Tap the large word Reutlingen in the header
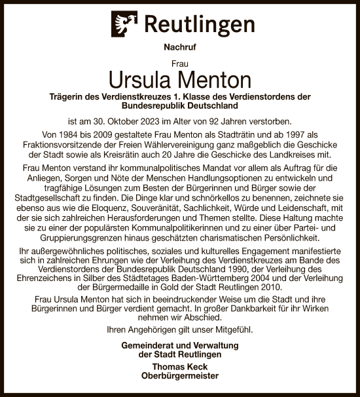(199, 26)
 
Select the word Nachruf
(179, 48)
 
